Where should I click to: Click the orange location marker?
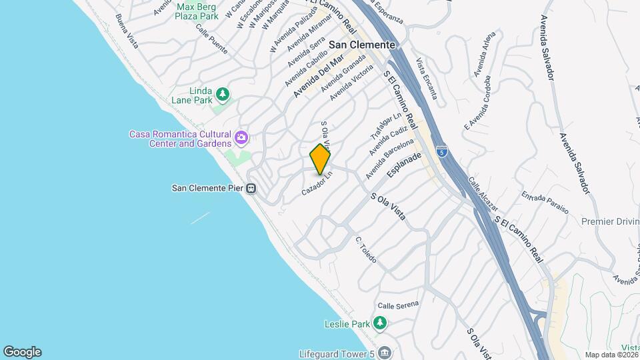[320, 159]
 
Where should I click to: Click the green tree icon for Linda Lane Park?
[223, 94]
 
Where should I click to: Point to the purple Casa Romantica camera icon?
[241, 138]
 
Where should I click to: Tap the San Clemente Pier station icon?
[251, 188]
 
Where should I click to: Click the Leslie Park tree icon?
[380, 324]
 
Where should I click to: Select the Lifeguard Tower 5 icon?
[384, 353]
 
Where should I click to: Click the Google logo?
[22, 352]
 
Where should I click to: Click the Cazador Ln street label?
[317, 182]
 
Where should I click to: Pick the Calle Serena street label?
[398, 305]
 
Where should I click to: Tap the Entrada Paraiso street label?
[545, 202]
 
